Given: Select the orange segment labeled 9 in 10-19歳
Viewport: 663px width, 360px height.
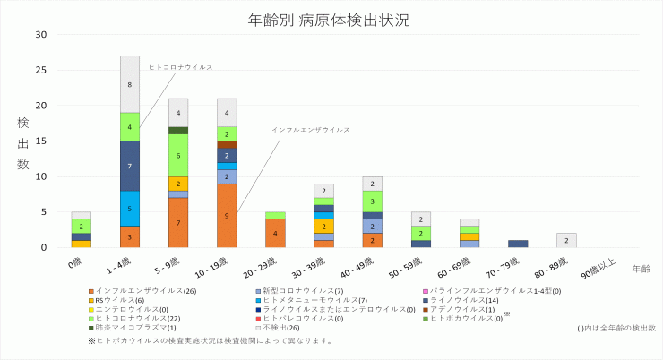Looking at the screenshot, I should coord(227,215).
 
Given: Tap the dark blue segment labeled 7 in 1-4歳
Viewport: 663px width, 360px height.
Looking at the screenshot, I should coord(130,166).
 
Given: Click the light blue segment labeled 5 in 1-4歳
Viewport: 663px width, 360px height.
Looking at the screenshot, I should coord(130,209).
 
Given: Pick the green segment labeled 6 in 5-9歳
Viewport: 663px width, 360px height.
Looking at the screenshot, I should coord(178,155).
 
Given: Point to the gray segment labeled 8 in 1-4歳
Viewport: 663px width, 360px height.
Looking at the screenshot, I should coord(130,84).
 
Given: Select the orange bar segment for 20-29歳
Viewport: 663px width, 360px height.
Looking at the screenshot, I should coord(275,233).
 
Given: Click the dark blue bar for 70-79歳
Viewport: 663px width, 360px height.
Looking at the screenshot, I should coord(518,244).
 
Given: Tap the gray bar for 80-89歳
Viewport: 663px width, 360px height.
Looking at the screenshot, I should coord(566,240).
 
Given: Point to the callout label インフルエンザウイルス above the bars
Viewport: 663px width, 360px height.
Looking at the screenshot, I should coord(311,130).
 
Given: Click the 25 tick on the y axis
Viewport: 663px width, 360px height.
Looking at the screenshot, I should coord(40,70).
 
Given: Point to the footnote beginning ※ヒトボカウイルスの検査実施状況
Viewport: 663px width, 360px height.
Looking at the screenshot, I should coord(211,340).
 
